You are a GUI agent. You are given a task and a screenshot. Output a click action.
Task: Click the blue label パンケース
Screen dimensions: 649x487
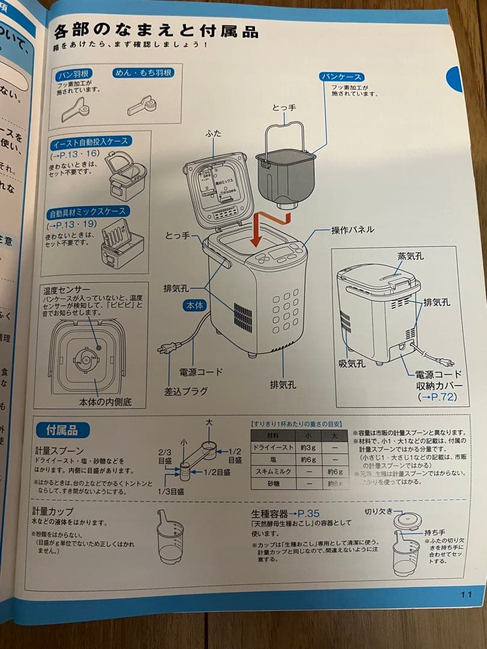342,77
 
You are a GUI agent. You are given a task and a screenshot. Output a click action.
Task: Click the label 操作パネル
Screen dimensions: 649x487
352,230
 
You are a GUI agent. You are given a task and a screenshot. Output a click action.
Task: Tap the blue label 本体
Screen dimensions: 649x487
195,305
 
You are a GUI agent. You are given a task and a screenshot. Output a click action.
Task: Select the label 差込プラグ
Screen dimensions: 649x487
186,391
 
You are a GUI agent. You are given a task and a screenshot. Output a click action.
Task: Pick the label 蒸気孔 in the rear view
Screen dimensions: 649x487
411,256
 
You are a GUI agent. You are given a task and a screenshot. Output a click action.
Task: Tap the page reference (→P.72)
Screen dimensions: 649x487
437,397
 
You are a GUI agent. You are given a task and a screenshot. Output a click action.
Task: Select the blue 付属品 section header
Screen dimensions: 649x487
63,430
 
